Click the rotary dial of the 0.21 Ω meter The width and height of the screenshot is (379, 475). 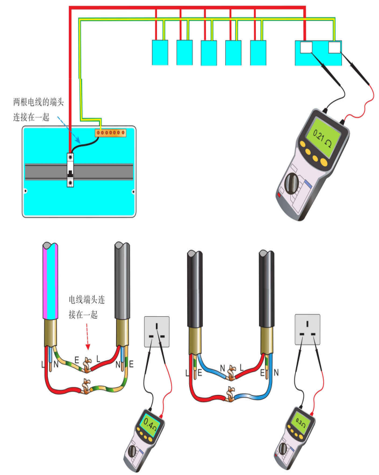coord(294,182)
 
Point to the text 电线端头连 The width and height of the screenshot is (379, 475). coord(84,299)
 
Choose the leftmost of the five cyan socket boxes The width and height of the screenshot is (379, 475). coord(160,52)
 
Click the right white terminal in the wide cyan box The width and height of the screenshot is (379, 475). coord(335,47)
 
